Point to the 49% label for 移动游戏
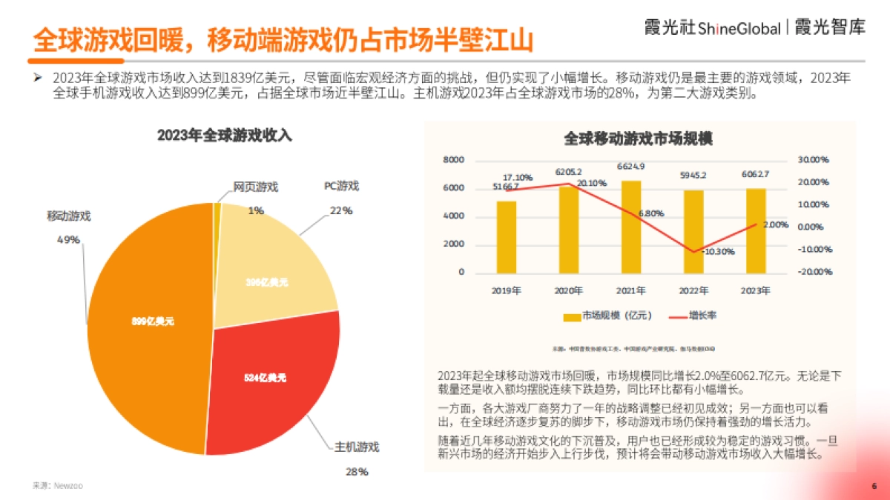68,239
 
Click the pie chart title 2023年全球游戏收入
225,136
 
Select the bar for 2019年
507,237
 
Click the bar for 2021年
631,227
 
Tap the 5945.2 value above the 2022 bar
693,176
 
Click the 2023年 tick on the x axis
755,290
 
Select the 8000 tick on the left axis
453,160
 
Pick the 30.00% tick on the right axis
813,160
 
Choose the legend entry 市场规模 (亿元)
608,316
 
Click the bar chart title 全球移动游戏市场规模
638,139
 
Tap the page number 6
874,486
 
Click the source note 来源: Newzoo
58,486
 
